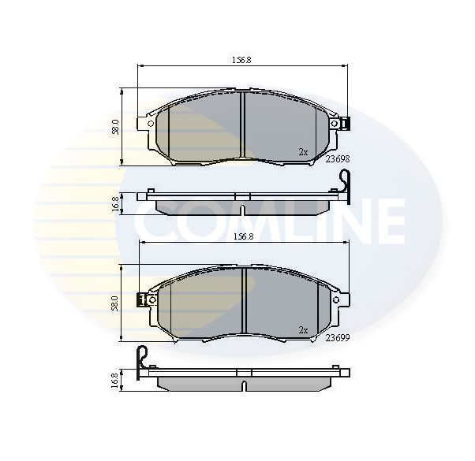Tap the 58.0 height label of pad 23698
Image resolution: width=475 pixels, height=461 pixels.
coord(116,126)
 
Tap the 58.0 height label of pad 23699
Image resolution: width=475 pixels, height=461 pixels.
coord(116,303)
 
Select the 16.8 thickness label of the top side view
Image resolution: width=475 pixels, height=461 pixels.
coord(116,203)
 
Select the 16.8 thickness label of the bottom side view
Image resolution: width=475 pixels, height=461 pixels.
coord(116,380)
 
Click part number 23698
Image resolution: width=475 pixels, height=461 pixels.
coord(337,158)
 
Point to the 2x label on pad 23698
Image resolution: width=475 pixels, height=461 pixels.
coord(303,151)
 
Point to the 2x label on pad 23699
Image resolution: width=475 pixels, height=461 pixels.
coord(303,329)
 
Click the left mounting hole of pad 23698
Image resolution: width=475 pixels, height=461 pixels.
coord(148,123)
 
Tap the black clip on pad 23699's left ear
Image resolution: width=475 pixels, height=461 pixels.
coord(140,299)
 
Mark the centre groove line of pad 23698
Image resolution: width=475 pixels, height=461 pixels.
coord(244,126)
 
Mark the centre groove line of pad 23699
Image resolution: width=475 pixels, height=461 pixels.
coord(244,303)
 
